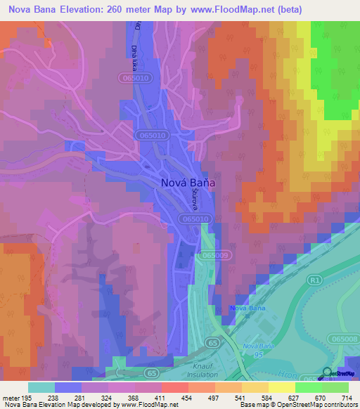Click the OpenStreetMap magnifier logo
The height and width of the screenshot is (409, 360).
tap(327, 373)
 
